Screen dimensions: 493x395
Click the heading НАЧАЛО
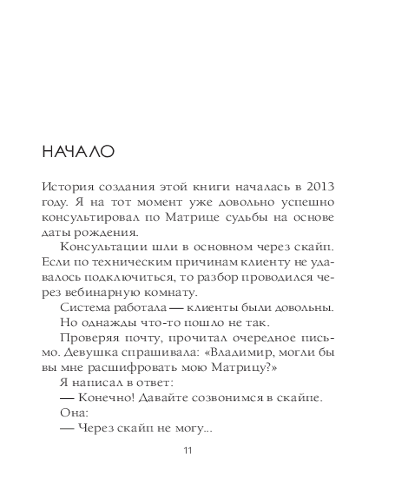[x=79, y=152]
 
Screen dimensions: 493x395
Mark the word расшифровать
[x=156, y=369]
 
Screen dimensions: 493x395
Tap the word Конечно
[x=100, y=399]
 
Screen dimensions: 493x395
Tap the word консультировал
[x=89, y=218]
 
